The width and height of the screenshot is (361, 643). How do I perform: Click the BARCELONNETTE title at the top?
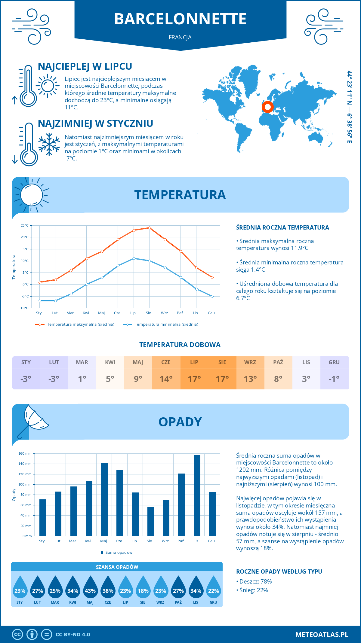pyautogui.click(x=180, y=19)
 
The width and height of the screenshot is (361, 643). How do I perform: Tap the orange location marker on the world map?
pyautogui.click(x=267, y=107)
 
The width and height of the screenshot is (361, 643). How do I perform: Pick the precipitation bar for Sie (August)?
pyautogui.click(x=151, y=521)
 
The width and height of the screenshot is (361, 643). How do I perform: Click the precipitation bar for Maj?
pyautogui.click(x=104, y=499)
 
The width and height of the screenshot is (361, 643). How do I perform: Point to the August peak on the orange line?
pyautogui.click(x=150, y=228)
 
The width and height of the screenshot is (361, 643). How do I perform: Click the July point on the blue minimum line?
pyautogui.click(x=134, y=258)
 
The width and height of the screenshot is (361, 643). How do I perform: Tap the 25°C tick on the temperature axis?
pyautogui.click(x=25, y=225)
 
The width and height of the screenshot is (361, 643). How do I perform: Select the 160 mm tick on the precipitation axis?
pyautogui.click(x=25, y=453)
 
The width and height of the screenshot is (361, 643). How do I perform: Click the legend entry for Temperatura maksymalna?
pyautogui.click(x=80, y=325)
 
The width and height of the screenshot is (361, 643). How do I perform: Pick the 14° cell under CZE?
pyautogui.click(x=166, y=379)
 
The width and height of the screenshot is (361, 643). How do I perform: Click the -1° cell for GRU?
pyautogui.click(x=334, y=379)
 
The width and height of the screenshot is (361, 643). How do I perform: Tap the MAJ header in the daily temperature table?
pyautogui.click(x=138, y=362)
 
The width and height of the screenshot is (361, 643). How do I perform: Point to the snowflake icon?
pyautogui.click(x=49, y=144)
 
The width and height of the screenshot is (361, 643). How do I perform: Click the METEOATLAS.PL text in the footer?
pyautogui.click(x=322, y=635)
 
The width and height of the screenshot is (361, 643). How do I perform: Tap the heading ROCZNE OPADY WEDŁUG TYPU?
pyautogui.click(x=279, y=571)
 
